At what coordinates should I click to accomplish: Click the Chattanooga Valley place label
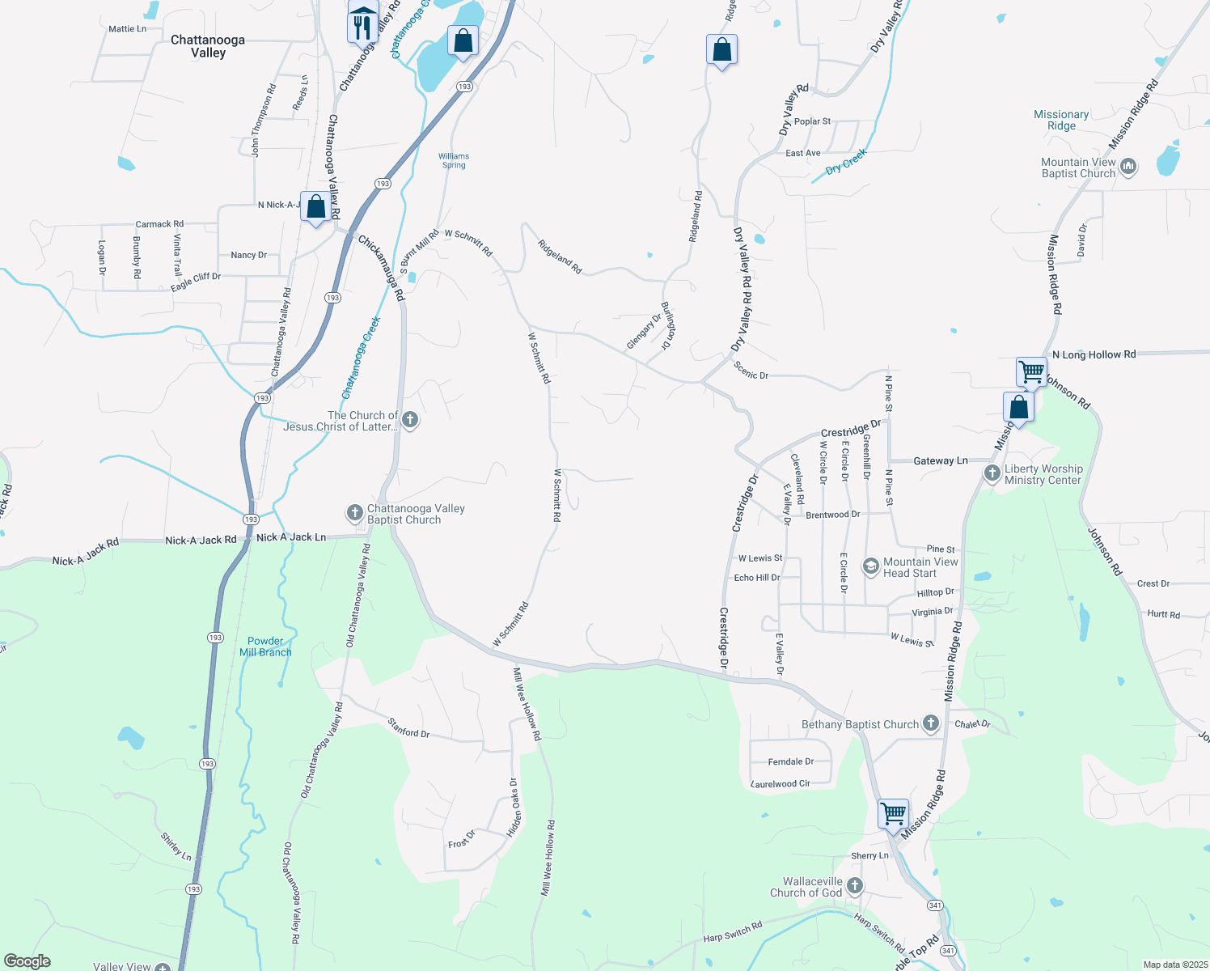(208, 46)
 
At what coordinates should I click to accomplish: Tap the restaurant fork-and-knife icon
(362, 28)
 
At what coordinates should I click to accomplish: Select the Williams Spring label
(454, 160)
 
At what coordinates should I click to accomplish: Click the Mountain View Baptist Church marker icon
(1129, 167)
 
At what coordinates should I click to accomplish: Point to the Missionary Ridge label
(1061, 120)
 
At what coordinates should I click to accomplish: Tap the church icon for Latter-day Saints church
(410, 420)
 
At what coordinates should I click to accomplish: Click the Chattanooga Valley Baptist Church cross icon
(354, 512)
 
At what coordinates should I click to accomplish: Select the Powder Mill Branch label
(265, 647)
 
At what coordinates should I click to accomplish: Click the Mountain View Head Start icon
(870, 566)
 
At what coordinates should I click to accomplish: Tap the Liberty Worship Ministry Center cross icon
(992, 473)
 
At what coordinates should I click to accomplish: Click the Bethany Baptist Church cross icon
(931, 723)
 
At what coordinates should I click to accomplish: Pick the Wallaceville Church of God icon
(855, 886)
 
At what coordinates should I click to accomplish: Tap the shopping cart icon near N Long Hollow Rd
(1032, 372)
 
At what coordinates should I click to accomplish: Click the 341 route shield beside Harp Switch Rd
(936, 905)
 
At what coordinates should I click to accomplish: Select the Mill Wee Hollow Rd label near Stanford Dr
(527, 703)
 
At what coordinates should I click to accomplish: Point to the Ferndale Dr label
(790, 761)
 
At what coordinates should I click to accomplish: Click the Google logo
(27, 961)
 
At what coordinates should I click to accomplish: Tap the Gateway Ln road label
(940, 460)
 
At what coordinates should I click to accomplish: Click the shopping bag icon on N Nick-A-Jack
(316, 207)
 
